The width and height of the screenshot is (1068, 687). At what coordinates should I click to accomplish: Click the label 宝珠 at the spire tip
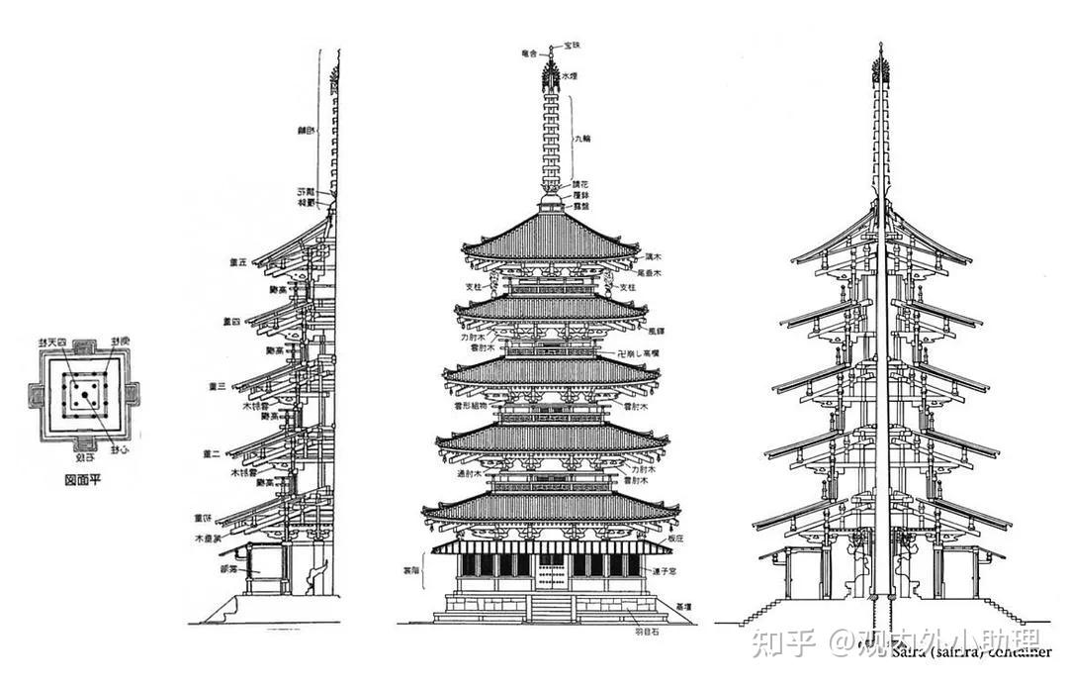point(573,46)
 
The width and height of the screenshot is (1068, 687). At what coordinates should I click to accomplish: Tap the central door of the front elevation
point(550,571)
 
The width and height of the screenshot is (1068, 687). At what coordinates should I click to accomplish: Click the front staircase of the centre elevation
point(551,607)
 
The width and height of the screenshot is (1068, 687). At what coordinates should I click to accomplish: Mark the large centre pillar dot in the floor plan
point(85,395)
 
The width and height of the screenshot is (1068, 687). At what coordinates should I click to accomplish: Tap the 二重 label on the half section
point(210,454)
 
